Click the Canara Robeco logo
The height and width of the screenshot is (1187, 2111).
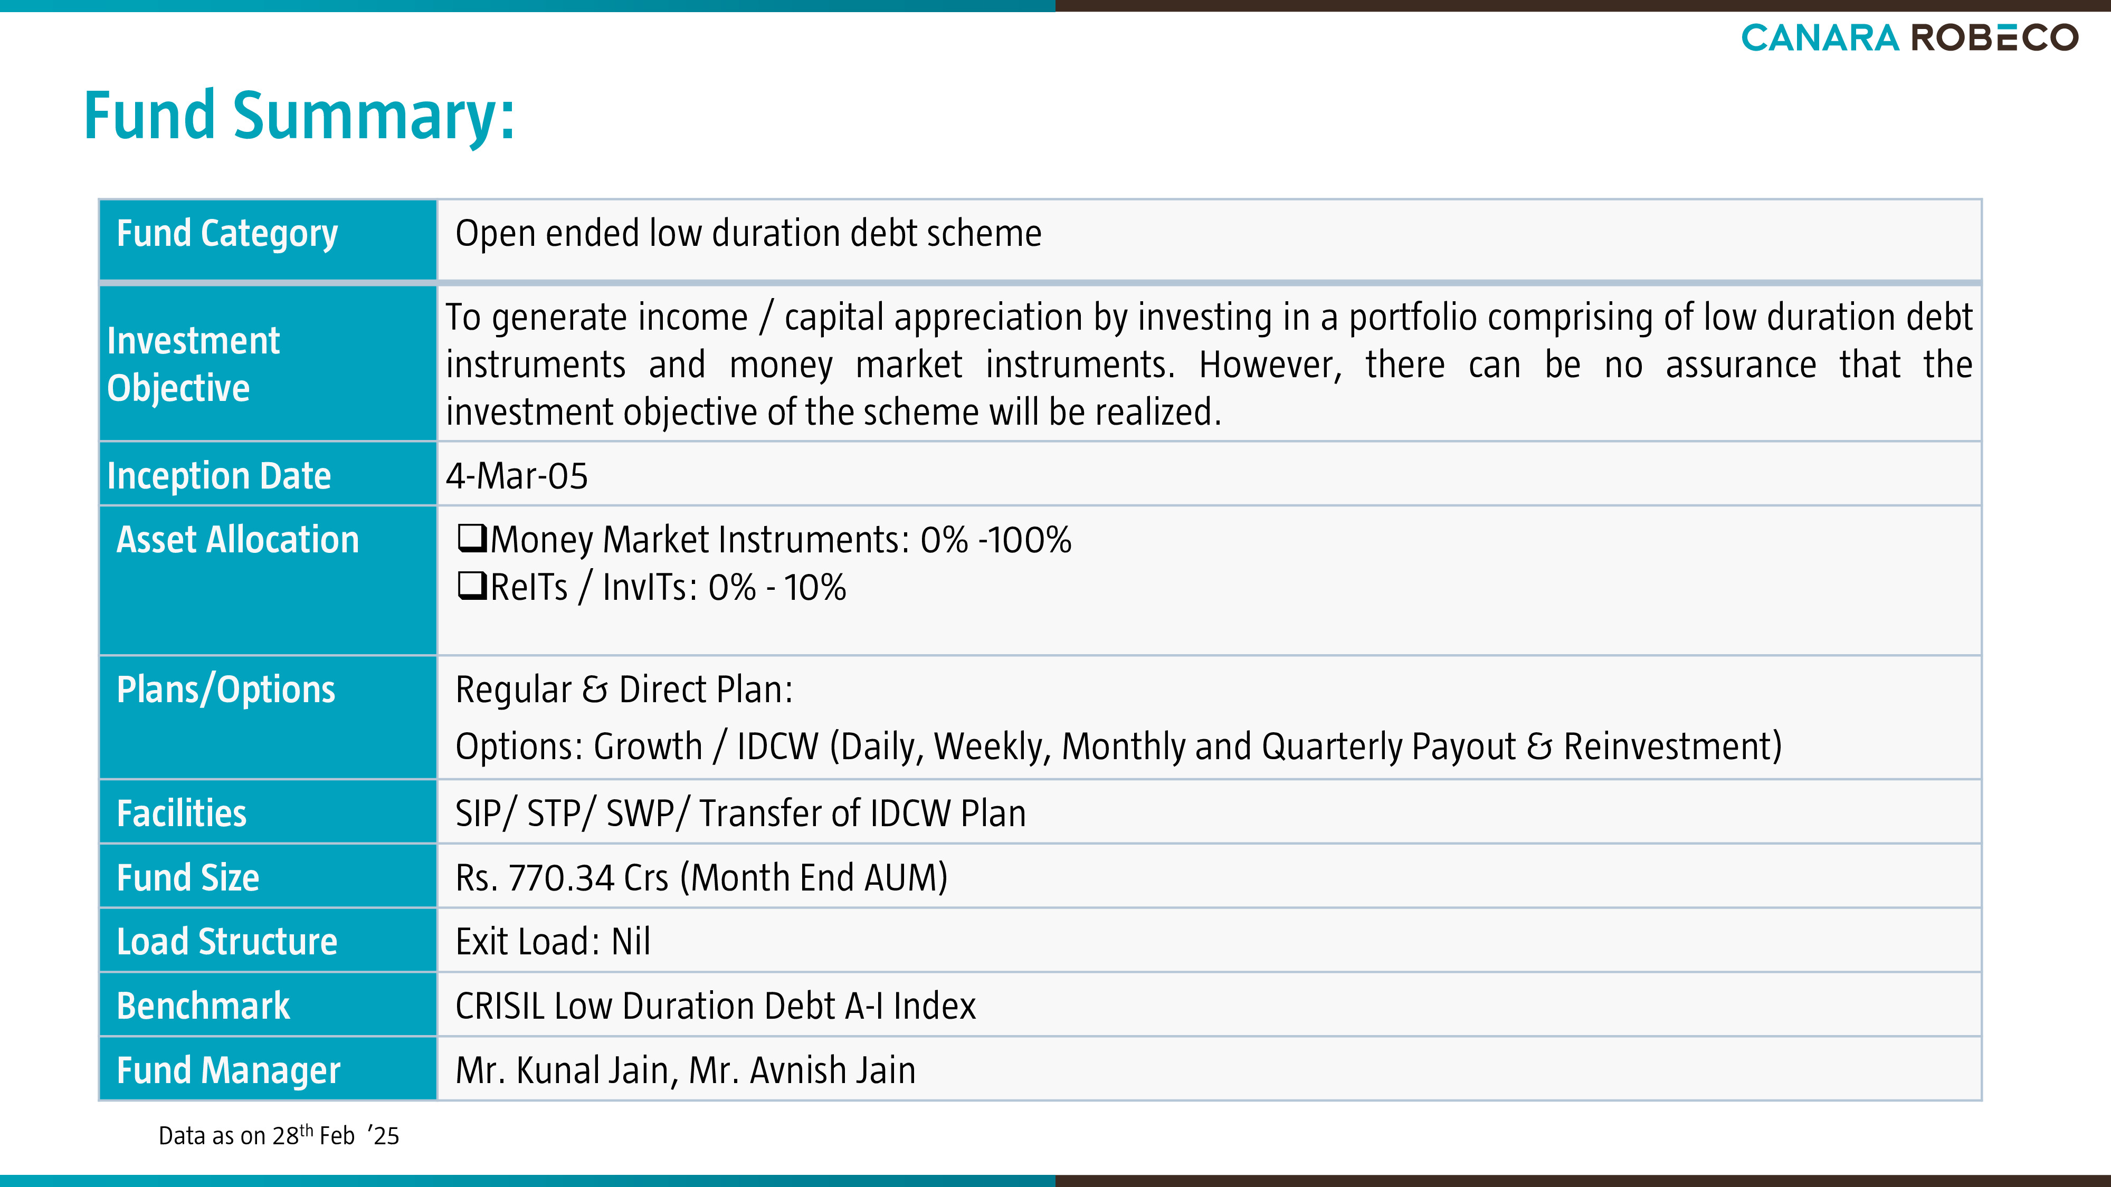coord(1909,37)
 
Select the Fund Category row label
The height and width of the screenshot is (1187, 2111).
coord(227,234)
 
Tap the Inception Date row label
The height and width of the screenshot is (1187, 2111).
coord(219,476)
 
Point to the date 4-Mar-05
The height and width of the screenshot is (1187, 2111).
coord(516,476)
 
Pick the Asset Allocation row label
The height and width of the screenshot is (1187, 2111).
coord(237,540)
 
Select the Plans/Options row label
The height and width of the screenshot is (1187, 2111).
coord(226,690)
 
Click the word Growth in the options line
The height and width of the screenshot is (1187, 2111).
coord(648,746)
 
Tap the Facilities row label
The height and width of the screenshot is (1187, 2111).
coord(181,813)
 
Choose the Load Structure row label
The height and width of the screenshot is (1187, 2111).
coord(227,942)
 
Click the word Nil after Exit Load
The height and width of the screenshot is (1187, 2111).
coord(631,942)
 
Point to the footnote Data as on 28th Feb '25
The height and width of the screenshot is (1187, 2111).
coord(279,1135)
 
